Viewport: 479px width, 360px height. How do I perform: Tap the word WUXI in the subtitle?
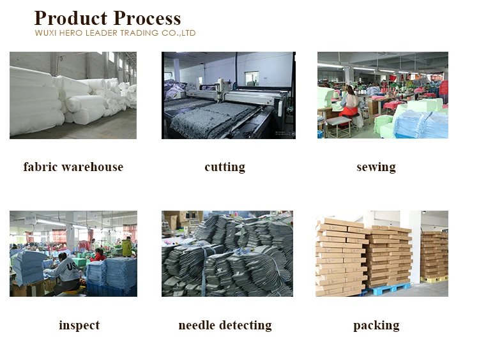coord(45,33)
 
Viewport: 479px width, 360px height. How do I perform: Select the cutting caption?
coord(225,167)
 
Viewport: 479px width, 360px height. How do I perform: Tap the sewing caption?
coord(376,167)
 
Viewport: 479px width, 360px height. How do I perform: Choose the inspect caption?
coord(79,326)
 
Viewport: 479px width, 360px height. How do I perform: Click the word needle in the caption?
coord(197,326)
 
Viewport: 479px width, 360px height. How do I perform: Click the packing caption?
coord(376,326)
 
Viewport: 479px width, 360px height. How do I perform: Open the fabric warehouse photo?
coord(73,95)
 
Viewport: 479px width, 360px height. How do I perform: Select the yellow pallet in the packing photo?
coord(434,279)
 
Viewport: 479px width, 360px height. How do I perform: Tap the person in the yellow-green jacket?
coord(127,246)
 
